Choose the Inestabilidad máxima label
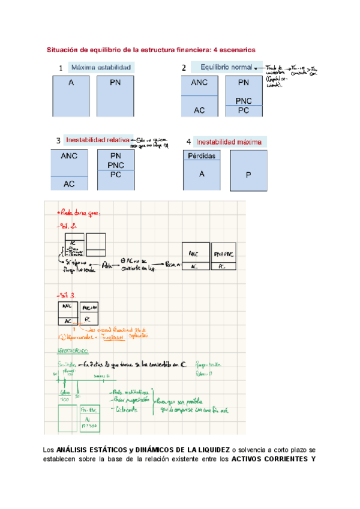coord(229,142)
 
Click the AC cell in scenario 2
coord(199,110)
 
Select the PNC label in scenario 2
coord(244,101)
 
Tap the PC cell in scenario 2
coord(244,111)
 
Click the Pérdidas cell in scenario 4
coord(201,155)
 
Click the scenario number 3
coord(58,142)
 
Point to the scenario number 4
coord(188,142)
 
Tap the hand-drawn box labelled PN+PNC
coord(225,253)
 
